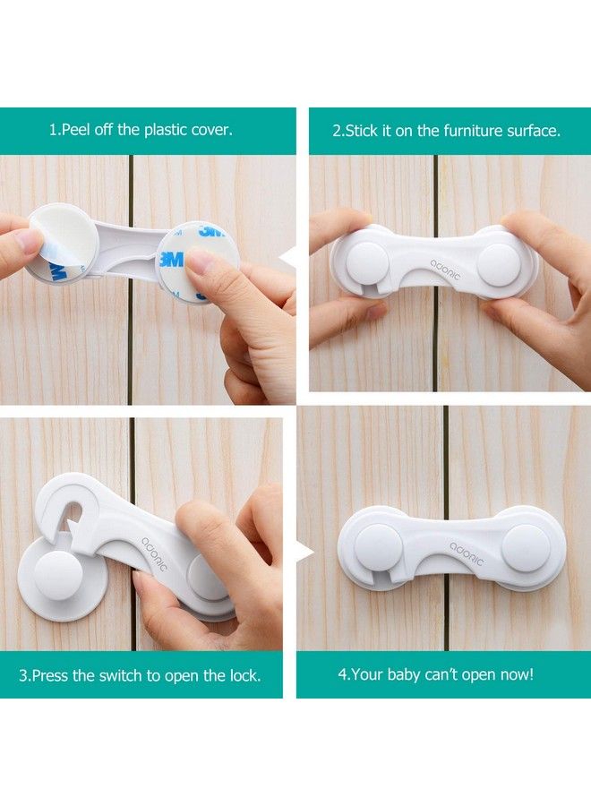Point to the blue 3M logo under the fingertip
click(x=171, y=259)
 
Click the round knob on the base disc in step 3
click(x=57, y=575)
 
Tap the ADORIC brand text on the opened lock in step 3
click(x=154, y=554)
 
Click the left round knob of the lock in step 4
click(x=377, y=548)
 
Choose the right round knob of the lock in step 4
click(x=526, y=548)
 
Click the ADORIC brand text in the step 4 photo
click(x=467, y=553)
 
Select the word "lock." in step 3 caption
click(x=245, y=675)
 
